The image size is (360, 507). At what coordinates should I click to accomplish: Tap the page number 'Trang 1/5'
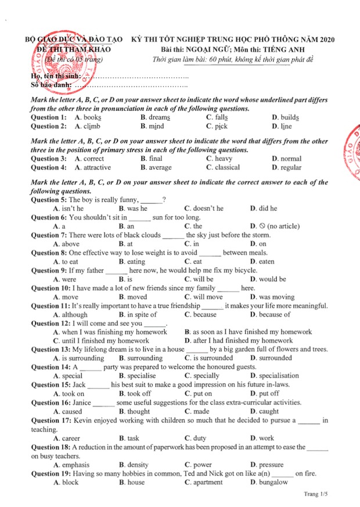click(316, 494)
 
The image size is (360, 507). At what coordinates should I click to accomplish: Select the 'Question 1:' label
click(48, 117)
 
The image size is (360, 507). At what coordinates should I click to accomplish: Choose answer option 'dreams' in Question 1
click(159, 117)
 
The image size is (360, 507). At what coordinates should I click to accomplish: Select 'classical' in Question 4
click(227, 167)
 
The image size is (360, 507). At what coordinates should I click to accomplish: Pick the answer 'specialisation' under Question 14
click(279, 376)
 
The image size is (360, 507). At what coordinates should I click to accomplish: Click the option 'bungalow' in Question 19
click(273, 482)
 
